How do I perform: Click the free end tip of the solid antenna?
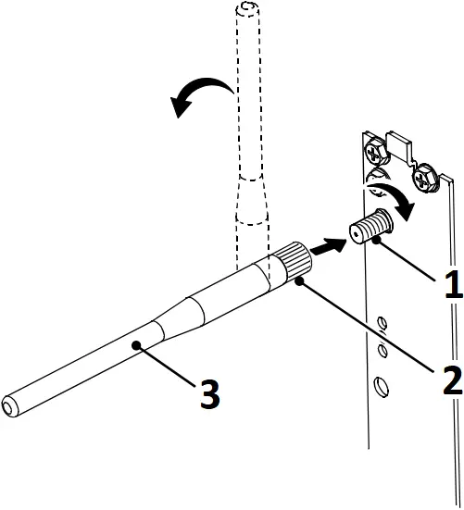coord(10,404)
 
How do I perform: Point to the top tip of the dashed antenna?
coord(247,9)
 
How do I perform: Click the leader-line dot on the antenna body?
coord(136,344)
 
